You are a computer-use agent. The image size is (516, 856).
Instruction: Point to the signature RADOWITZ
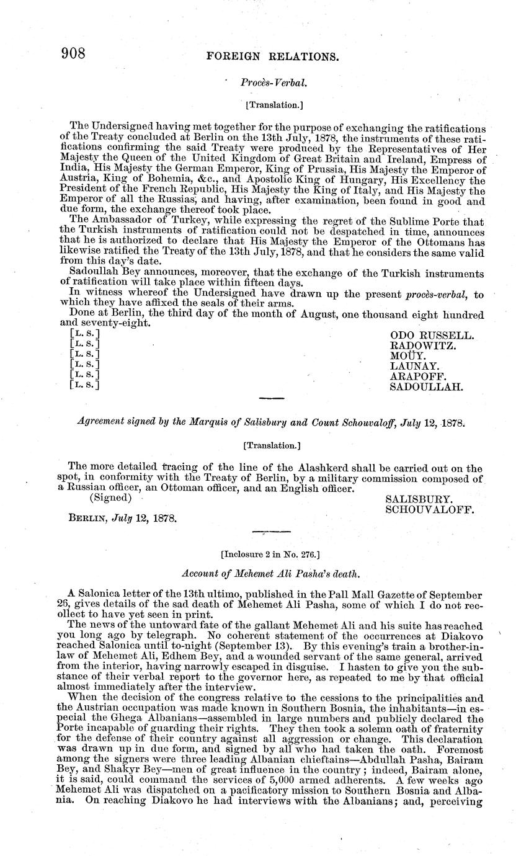tap(423, 346)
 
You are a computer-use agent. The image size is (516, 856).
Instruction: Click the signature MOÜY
tap(407, 355)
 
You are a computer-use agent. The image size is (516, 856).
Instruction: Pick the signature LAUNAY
tap(414, 366)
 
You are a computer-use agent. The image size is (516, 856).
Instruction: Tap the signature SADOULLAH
tap(427, 386)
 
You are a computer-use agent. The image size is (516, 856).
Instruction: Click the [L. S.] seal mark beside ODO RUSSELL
tap(85, 336)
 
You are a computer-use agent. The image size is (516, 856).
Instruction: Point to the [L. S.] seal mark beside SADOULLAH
tap(85, 385)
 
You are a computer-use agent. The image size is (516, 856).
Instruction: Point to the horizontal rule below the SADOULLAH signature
tap(270, 398)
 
